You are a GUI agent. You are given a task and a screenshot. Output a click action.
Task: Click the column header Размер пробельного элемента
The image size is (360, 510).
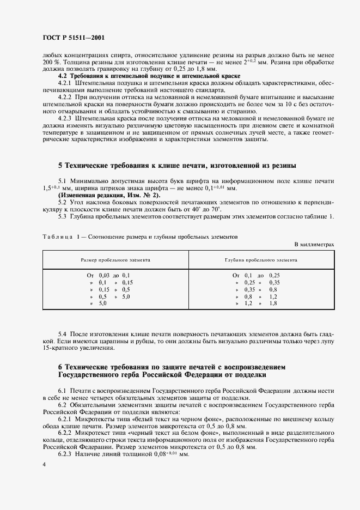[x=115, y=260]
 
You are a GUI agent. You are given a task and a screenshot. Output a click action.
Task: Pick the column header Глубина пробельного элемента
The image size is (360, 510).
[x=261, y=260]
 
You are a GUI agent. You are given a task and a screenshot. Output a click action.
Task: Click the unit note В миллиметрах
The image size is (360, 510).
[x=314, y=245]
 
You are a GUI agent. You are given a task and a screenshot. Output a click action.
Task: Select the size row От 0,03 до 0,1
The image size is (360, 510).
[x=108, y=276]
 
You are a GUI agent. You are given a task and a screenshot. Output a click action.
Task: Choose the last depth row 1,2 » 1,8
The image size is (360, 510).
[x=255, y=303]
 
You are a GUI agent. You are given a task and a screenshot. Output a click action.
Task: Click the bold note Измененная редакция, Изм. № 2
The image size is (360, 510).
[x=102, y=195]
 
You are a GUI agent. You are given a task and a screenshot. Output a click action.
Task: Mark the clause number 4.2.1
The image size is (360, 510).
[x=66, y=83]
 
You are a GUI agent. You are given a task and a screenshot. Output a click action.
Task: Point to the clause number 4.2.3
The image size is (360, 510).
[x=66, y=118]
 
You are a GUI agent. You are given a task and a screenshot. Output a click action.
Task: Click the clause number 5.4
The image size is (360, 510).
[x=62, y=333]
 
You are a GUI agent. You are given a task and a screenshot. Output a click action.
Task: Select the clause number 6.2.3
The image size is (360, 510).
[x=66, y=453]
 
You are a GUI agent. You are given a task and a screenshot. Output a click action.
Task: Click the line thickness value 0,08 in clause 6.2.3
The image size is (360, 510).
[x=144, y=453]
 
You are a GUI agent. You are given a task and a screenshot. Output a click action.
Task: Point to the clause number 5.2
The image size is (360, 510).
[x=62, y=202]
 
